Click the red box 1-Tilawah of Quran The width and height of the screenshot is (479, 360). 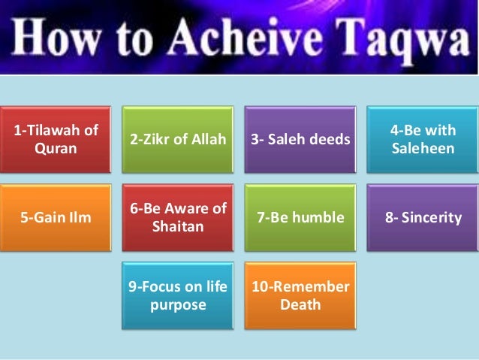click(56, 140)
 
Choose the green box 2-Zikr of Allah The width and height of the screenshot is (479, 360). click(178, 140)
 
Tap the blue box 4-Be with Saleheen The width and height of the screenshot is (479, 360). click(422, 140)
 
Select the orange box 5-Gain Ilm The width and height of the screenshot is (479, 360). click(56, 218)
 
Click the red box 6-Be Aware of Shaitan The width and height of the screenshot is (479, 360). click(178, 218)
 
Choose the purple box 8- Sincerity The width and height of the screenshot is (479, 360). click(422, 218)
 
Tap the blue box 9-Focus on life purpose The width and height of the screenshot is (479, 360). click(178, 296)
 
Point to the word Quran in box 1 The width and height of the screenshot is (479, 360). click(56, 148)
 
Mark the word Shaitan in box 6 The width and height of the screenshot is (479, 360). click(178, 226)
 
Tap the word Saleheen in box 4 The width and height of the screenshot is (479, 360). click(423, 149)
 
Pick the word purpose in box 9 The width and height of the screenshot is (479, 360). click(178, 305)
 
